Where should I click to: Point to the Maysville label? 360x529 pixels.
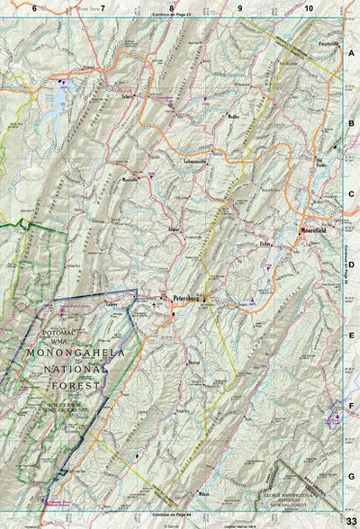click(132, 179)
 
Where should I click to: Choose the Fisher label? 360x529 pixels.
click(265, 244)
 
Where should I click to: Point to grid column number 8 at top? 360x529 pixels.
click(171, 8)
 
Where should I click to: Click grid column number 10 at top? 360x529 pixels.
click(308, 8)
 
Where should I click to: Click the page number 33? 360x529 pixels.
click(350, 513)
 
